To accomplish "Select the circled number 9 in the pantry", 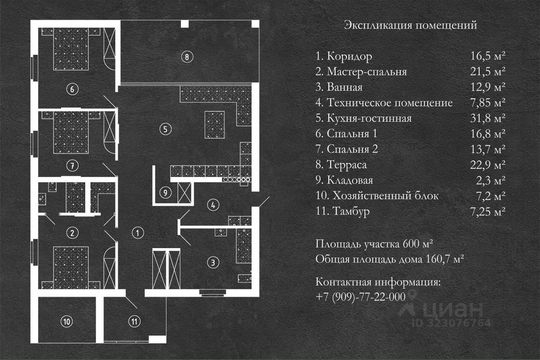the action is point(166,193).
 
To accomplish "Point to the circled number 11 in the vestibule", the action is point(134,322).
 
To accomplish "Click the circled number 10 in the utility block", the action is point(66,322).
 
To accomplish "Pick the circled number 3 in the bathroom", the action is point(213,263).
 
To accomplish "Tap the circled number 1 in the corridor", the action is point(138,232).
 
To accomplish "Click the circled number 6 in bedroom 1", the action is point(72,89).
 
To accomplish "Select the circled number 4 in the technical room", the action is point(213,205).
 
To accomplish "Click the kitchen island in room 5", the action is point(215,125).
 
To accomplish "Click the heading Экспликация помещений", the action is point(410,25).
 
